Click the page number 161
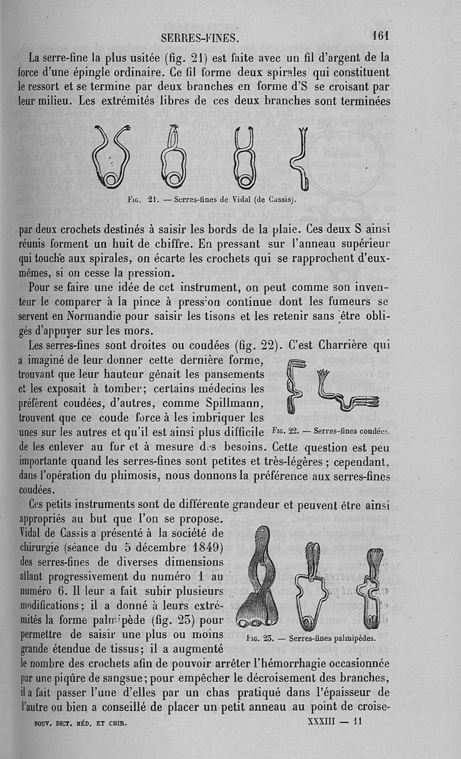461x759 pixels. pos(381,35)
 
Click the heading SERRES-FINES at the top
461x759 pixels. pos(199,38)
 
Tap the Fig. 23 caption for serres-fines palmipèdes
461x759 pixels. pos(311,638)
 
